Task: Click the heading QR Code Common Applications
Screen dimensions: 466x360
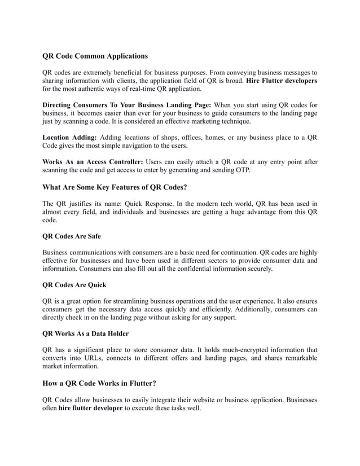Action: (95, 56)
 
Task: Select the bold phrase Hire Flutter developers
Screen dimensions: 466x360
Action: (282, 81)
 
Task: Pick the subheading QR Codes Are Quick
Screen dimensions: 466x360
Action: (74, 285)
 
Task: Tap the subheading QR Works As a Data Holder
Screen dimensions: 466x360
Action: (86, 333)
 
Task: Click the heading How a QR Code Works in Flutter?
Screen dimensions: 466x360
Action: (99, 383)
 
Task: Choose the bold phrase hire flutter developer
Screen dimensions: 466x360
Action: (90, 408)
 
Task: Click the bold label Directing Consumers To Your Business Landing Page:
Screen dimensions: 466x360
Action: (127, 105)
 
